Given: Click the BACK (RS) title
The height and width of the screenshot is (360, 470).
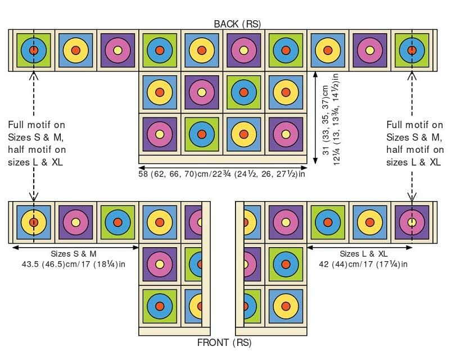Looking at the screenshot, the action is [x=237, y=24].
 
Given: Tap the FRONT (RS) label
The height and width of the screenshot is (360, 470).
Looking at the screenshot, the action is [x=224, y=343].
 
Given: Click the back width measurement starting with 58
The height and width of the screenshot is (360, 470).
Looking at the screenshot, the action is [x=222, y=174].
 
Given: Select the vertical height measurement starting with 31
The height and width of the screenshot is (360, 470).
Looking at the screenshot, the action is [x=331, y=119].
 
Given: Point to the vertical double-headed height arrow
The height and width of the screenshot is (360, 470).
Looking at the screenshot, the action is [x=315, y=117].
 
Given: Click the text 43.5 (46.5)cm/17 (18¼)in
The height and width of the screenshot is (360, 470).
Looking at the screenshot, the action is [x=74, y=264].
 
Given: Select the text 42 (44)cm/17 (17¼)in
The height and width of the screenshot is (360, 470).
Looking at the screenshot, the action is [x=363, y=264].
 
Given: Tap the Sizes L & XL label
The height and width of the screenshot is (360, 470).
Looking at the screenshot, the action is [x=363, y=254].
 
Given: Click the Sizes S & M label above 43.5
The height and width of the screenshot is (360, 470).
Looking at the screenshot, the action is [x=74, y=254].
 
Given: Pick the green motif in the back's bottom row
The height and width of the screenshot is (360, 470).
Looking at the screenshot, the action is [x=202, y=134].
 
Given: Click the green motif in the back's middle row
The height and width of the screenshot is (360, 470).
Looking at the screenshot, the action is [x=243, y=92].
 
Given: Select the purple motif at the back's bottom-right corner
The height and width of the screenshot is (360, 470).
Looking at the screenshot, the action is [x=286, y=134].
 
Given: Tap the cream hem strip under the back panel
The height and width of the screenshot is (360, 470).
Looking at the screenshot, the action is [x=223, y=160].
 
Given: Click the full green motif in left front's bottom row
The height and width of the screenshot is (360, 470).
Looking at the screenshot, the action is [x=160, y=306].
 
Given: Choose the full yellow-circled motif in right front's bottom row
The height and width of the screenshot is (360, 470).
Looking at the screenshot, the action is [x=286, y=306].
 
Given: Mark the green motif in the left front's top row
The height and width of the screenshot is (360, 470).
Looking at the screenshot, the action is [x=118, y=222].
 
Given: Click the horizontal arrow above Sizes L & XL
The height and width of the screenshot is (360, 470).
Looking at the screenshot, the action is [x=360, y=247].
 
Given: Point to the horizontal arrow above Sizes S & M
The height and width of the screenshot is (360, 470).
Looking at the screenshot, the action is [x=75, y=247].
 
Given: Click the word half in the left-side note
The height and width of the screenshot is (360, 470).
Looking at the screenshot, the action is [x=16, y=149].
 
